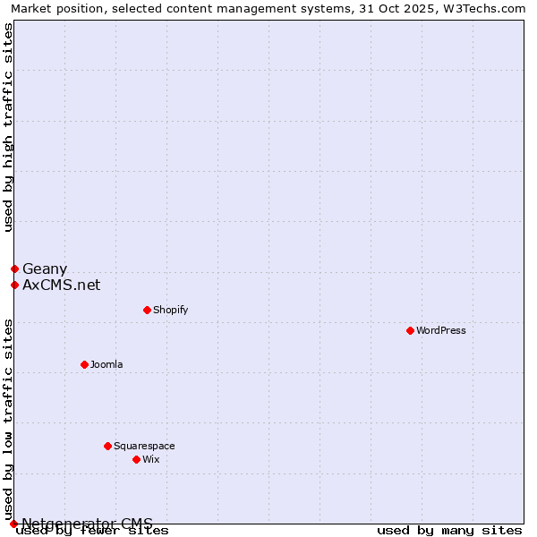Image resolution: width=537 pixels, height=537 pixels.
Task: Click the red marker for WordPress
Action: click(x=410, y=330)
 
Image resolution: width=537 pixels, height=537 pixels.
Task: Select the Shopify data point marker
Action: click(x=147, y=310)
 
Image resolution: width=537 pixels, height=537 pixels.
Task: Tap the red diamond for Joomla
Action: click(x=84, y=364)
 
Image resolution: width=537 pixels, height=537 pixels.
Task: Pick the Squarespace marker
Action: click(x=107, y=446)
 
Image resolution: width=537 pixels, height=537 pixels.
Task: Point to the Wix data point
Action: click(x=136, y=459)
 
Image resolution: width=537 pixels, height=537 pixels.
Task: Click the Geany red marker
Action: click(x=14, y=268)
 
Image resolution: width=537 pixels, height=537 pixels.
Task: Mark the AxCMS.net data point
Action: click(x=14, y=286)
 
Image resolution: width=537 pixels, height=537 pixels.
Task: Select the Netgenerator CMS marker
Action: click(x=13, y=524)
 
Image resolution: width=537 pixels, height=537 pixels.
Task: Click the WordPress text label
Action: click(x=441, y=330)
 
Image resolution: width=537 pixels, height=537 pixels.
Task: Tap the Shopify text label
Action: click(x=170, y=310)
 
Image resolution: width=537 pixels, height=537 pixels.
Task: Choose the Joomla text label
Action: click(x=107, y=364)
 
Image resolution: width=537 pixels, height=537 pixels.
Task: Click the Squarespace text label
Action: click(x=144, y=446)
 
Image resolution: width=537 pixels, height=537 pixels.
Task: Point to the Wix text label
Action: click(x=150, y=459)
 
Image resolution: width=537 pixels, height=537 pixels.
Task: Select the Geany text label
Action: click(x=45, y=268)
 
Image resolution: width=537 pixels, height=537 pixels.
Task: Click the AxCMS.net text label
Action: click(x=61, y=286)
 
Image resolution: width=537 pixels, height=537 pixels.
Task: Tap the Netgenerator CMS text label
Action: click(x=87, y=524)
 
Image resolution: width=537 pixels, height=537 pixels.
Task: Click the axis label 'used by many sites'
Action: click(x=449, y=531)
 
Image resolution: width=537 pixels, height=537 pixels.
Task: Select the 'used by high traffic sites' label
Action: click(x=8, y=127)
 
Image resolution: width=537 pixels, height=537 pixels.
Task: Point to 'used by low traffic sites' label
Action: click(x=8, y=419)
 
